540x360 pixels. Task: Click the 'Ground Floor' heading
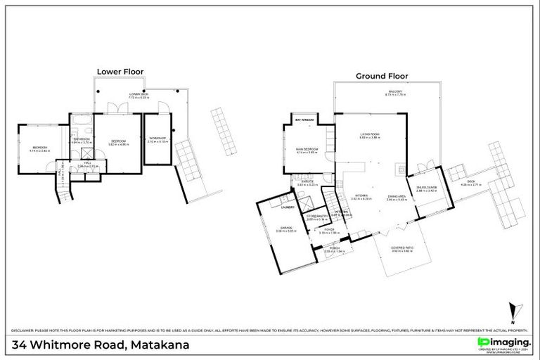[381, 75]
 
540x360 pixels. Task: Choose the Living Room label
[370, 135]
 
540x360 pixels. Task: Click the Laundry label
[286, 208]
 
